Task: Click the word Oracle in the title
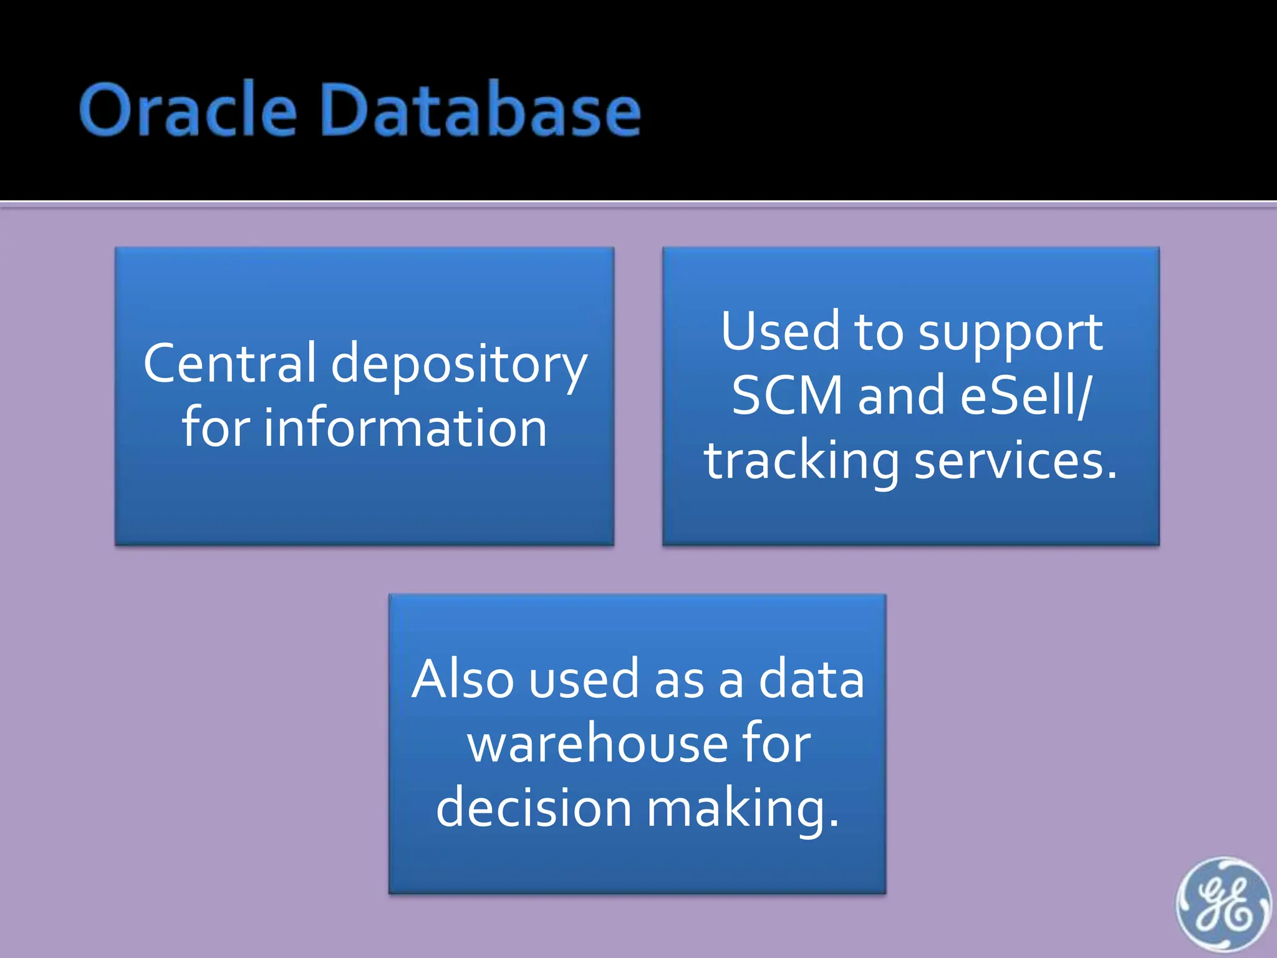point(187,111)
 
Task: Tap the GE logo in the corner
point(1223,905)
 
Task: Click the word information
point(405,428)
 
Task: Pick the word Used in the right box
point(780,332)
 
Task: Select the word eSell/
point(1026,395)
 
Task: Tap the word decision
point(533,807)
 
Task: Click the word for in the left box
point(216,428)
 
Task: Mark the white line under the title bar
point(638,201)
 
